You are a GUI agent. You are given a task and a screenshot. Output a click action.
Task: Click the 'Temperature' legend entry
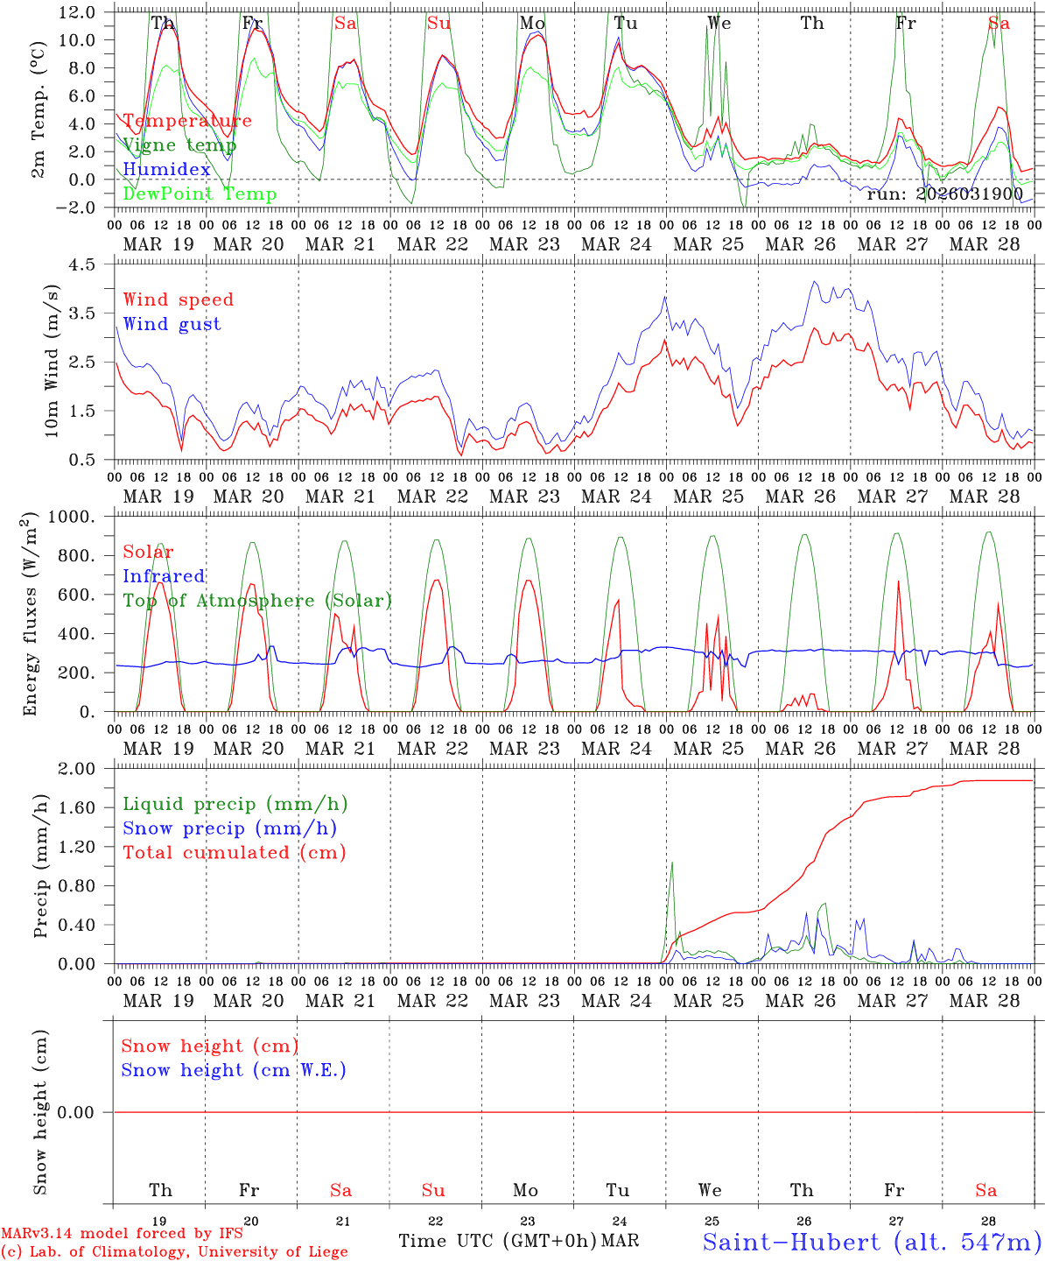point(187,121)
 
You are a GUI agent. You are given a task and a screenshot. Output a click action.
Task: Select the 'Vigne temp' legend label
point(179,145)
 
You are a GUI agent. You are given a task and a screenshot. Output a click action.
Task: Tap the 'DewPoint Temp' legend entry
point(200,194)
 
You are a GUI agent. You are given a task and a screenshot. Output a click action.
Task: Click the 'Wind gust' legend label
point(172,324)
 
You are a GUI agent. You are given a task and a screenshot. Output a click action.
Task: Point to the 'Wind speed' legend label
point(179,299)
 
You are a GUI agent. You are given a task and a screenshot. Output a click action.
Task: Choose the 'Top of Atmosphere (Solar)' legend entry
point(257,601)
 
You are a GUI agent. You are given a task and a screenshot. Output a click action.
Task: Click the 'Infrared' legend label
point(164,576)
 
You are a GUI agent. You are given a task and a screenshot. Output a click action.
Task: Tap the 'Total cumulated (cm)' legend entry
point(235,853)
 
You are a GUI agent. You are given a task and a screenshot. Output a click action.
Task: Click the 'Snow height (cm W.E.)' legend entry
point(234,1070)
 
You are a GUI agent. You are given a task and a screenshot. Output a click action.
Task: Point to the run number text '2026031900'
point(971,194)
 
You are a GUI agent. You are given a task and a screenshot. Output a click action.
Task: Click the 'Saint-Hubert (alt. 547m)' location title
point(872,1241)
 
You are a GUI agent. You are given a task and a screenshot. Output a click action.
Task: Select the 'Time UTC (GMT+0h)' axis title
point(497,1241)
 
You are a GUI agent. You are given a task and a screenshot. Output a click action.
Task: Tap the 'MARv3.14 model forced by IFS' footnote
point(122,1233)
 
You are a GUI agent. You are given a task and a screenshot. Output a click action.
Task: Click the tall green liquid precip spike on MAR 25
point(672,867)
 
